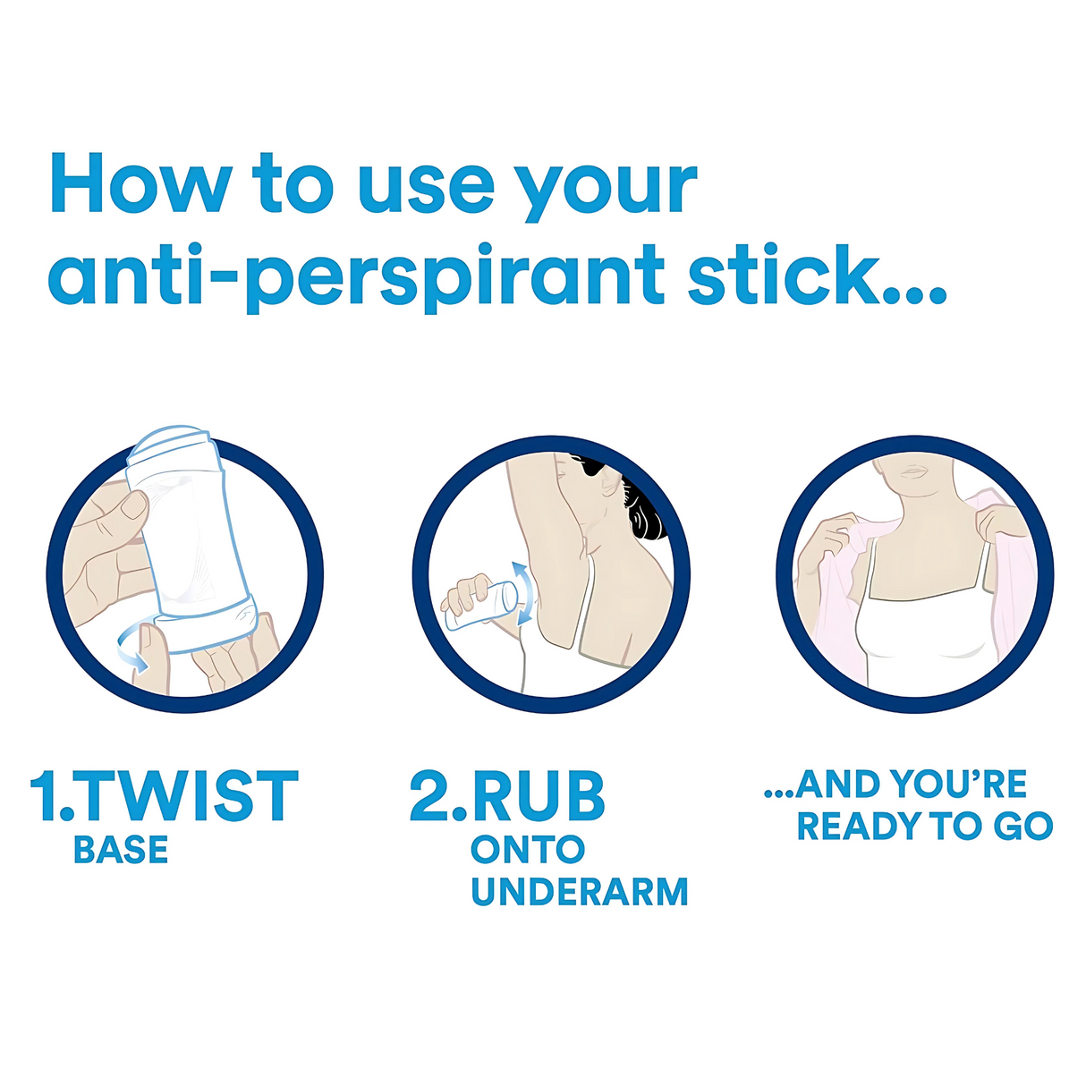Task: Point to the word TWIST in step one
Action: click(191, 795)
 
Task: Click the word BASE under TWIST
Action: click(121, 851)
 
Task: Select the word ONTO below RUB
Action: click(528, 850)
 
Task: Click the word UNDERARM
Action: click(580, 892)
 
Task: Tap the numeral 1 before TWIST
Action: click(42, 795)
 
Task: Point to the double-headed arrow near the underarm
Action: click(522, 591)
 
